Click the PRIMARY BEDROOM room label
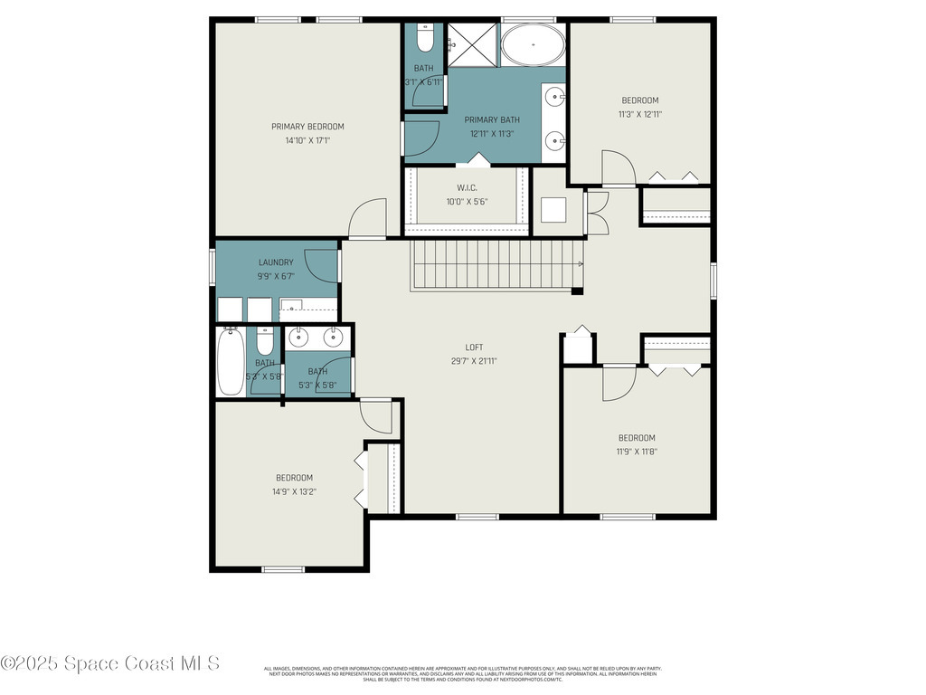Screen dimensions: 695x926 pyautogui.click(x=307, y=127)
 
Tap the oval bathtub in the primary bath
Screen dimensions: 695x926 pyautogui.click(x=532, y=44)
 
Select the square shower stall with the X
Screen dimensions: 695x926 pyautogui.click(x=473, y=44)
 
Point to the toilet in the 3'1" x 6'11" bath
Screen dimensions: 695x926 pyautogui.click(x=425, y=37)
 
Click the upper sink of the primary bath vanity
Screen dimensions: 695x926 pyautogui.click(x=554, y=95)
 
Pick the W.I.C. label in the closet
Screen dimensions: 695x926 pyautogui.click(x=466, y=188)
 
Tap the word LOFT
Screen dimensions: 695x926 pyautogui.click(x=475, y=347)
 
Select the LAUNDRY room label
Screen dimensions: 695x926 pyautogui.click(x=276, y=262)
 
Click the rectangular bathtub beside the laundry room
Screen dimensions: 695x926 pyautogui.click(x=231, y=362)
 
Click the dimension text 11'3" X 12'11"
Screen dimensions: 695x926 pyautogui.click(x=639, y=114)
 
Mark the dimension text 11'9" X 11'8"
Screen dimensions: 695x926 pyautogui.click(x=637, y=452)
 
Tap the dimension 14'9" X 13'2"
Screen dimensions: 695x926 pyautogui.click(x=294, y=491)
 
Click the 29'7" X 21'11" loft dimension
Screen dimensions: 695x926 pyautogui.click(x=475, y=360)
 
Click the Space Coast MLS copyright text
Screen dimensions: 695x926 pyautogui.click(x=110, y=663)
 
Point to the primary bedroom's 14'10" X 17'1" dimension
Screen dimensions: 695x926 pyautogui.click(x=307, y=140)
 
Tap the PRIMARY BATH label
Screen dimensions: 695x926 pyautogui.click(x=492, y=119)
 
